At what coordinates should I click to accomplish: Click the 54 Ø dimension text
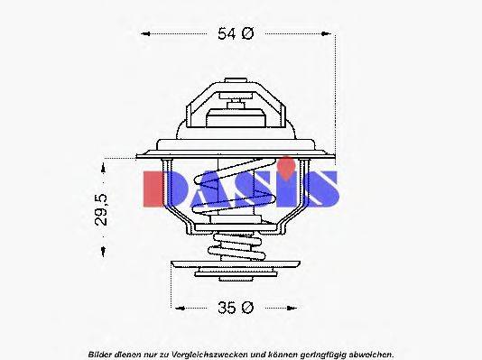pyautogui.click(x=236, y=34)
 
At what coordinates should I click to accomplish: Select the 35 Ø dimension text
pyautogui.click(x=236, y=308)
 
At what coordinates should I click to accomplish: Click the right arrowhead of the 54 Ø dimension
pyautogui.click(x=331, y=34)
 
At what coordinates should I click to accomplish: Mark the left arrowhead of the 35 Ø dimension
pyautogui.click(x=178, y=308)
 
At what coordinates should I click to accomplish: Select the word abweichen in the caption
pyautogui.click(x=370, y=353)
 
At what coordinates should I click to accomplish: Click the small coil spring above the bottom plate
pyautogui.click(x=236, y=246)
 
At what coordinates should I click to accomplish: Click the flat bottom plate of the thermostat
pyautogui.click(x=236, y=270)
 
